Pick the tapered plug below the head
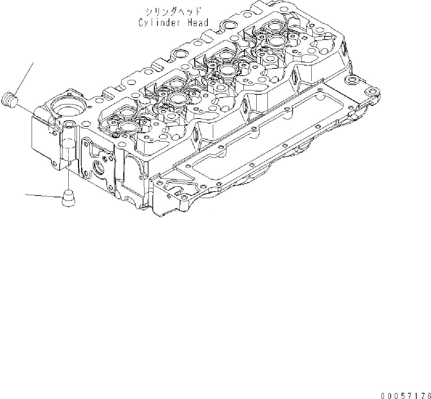[x=68, y=198]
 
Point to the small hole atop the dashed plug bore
[x=68, y=125]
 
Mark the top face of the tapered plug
[x=68, y=193]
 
